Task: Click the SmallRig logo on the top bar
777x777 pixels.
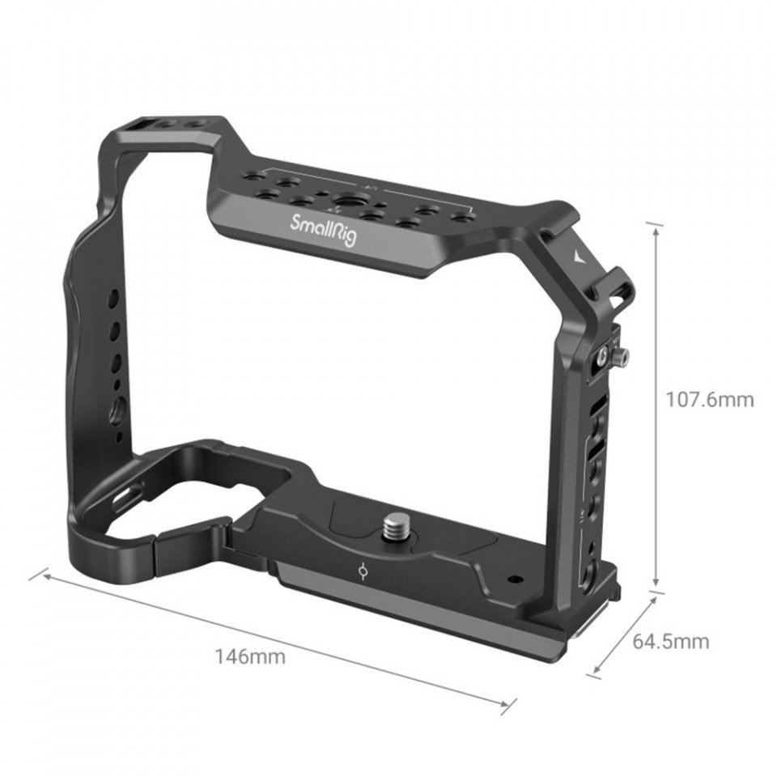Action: pos(323,229)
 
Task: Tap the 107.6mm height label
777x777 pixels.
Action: pos(709,399)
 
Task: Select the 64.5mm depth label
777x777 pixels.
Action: pos(670,641)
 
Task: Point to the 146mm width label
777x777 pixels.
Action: pos(250,656)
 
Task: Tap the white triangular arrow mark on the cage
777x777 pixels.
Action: pos(578,257)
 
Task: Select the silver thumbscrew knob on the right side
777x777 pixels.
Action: pos(622,355)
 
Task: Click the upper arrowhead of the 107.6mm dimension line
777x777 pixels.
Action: pos(656,229)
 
